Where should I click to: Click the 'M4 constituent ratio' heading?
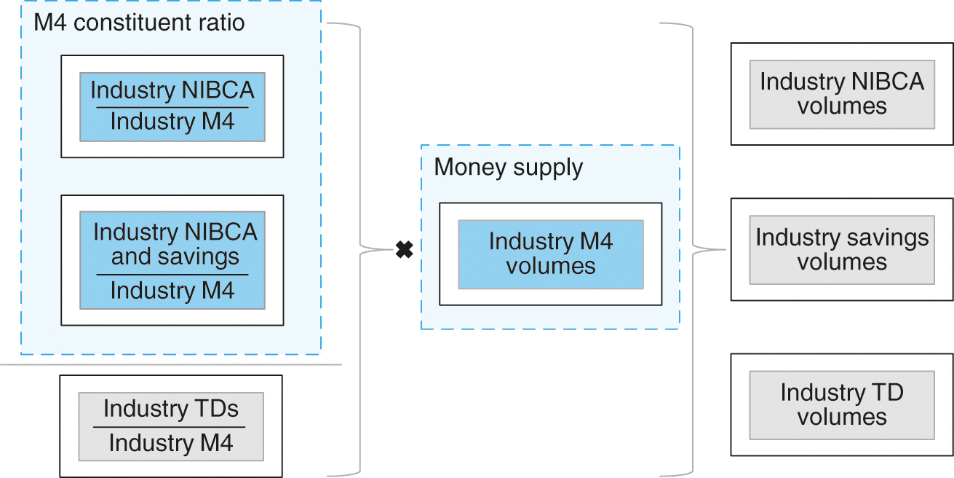point(139,23)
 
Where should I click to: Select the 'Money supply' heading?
point(508,168)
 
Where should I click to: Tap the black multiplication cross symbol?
point(404,251)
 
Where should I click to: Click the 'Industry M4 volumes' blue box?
point(550,254)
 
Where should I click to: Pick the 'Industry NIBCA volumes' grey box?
point(841,94)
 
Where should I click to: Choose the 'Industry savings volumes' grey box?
point(841,249)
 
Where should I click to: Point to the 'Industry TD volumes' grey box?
point(841,404)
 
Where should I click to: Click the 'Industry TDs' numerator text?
point(170,409)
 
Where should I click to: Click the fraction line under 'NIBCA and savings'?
point(172,275)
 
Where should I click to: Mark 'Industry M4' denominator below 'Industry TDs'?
point(170,443)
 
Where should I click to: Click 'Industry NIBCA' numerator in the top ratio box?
point(172,90)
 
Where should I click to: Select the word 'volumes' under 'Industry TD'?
point(841,417)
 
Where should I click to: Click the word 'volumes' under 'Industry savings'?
point(841,262)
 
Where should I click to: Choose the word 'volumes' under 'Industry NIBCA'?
point(841,106)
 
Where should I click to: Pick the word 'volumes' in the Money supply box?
point(550,265)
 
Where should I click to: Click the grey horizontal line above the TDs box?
point(170,364)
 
